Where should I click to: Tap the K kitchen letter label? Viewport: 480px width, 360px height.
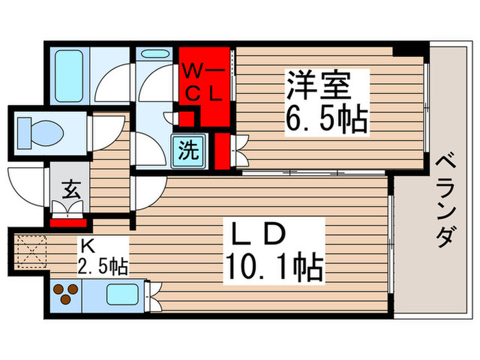point(87,245)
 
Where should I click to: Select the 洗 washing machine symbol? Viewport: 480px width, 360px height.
point(187,149)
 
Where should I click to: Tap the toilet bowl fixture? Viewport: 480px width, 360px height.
point(38,128)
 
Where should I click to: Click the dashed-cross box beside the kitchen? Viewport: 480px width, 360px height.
point(29,251)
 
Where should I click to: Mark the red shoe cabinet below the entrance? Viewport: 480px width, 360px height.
point(69,221)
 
